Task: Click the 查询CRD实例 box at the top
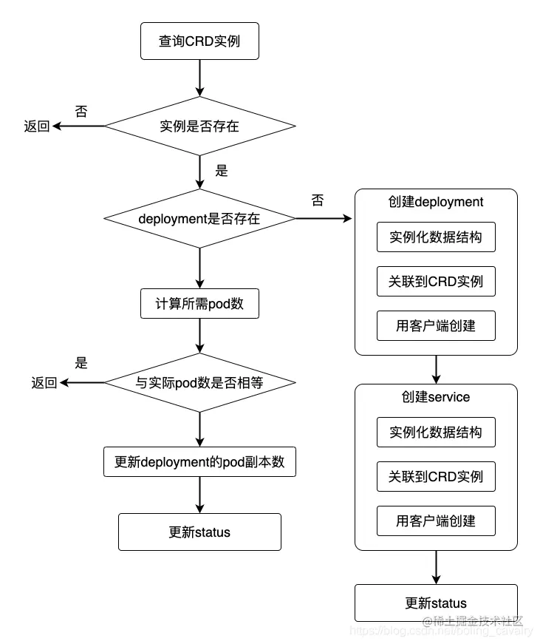(199, 41)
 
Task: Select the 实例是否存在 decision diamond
(199, 126)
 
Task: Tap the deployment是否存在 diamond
(199, 218)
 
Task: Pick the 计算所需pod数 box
(199, 303)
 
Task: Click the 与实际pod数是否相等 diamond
(199, 382)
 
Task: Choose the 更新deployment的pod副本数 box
(199, 462)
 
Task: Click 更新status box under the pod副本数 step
(199, 532)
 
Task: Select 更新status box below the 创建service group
(436, 603)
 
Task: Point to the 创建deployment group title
(436, 202)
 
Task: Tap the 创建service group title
(436, 397)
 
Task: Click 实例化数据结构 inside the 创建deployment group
(436, 237)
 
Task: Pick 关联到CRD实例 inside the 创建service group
(436, 476)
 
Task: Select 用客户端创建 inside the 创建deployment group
(436, 325)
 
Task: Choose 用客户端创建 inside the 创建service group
(436, 521)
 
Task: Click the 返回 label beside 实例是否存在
(37, 126)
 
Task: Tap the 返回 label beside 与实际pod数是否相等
(44, 382)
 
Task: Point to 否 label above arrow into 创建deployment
(318, 200)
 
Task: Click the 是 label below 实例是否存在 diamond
(222, 171)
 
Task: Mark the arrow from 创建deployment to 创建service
(437, 369)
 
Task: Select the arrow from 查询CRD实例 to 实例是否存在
(199, 77)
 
